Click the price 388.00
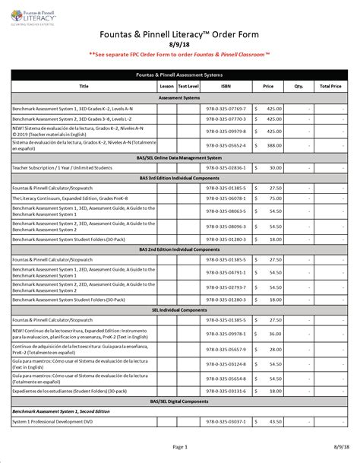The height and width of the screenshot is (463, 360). point(274,144)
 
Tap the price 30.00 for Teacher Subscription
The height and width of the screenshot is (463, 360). point(274,167)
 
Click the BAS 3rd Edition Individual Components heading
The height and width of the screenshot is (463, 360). point(180,176)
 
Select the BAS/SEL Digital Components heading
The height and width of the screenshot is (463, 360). point(180,400)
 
